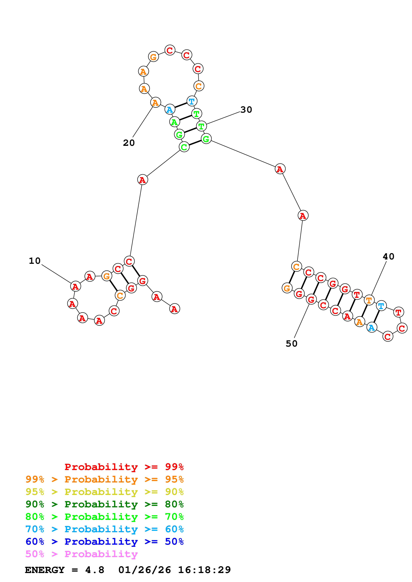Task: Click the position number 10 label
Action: coord(35,261)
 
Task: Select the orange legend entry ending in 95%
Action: coord(104,479)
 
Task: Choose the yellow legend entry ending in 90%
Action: coord(104,492)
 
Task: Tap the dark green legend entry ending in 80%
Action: coord(104,504)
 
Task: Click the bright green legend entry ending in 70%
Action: coord(104,517)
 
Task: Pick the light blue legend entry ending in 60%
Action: coord(104,529)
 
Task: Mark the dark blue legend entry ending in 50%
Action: coord(104,542)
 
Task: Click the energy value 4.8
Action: coord(95,570)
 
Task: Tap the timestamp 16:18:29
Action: coord(204,570)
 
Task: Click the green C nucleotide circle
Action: coord(184,147)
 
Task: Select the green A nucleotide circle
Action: coord(174,122)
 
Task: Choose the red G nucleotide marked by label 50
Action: coord(311,299)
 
